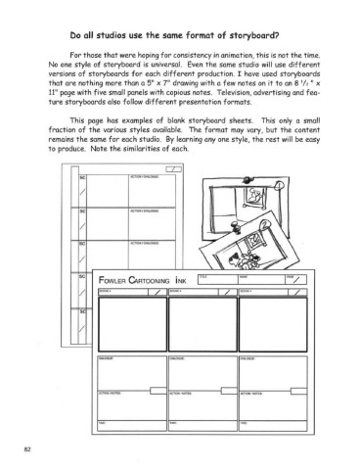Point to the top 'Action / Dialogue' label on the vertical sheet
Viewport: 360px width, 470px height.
click(x=115, y=176)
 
